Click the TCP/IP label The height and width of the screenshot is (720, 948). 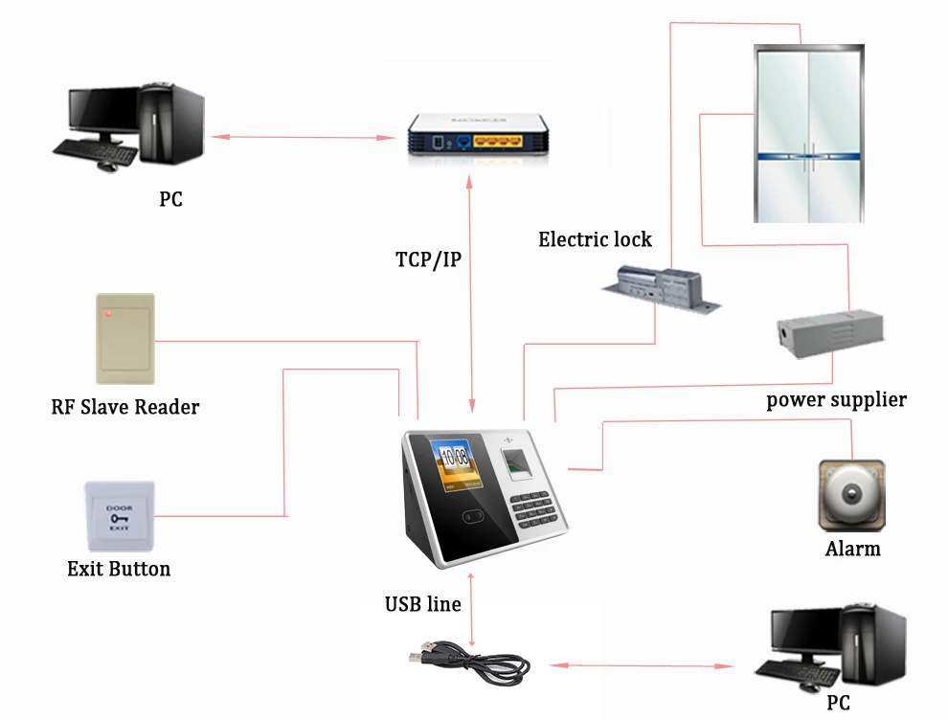point(428,259)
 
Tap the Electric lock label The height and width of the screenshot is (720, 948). point(595,239)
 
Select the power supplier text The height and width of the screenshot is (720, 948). point(836,400)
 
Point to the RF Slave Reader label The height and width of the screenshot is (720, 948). point(125,407)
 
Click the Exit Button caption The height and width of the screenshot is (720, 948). point(119,569)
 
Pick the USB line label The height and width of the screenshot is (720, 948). point(422,604)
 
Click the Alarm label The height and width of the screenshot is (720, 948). point(852,549)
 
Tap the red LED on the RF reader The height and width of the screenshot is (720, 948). point(108,314)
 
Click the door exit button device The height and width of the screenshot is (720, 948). point(119,516)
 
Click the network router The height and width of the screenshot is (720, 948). point(478,135)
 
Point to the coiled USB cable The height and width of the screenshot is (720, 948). point(469,664)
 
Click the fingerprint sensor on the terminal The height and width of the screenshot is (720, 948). point(516,464)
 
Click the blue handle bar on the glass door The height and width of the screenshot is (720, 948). point(809,157)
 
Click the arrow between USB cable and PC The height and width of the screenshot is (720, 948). point(643,665)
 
